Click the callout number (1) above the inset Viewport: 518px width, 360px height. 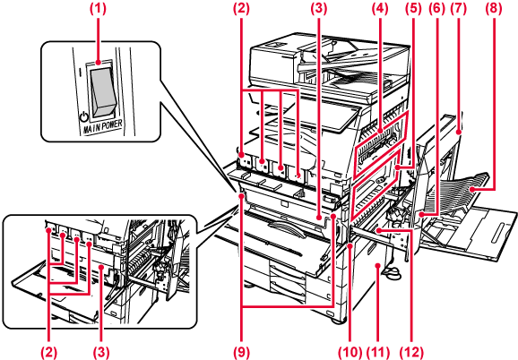[x=99, y=9]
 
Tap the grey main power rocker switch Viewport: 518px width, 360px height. [x=103, y=93]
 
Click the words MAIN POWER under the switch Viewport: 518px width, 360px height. [x=102, y=126]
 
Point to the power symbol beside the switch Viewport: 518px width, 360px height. [x=84, y=117]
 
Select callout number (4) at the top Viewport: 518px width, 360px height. [x=380, y=9]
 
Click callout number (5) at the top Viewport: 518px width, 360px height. [x=413, y=9]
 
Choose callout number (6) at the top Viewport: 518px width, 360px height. [x=436, y=9]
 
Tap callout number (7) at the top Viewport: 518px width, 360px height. [x=459, y=9]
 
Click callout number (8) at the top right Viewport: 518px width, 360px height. [x=494, y=9]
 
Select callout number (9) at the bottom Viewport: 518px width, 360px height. [x=242, y=353]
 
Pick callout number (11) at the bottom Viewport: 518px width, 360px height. [x=379, y=353]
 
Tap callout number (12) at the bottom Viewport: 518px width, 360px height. [x=412, y=353]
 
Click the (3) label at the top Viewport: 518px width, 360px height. [x=318, y=9]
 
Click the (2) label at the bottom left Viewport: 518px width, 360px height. [x=48, y=353]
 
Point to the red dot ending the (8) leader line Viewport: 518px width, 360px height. [x=472, y=189]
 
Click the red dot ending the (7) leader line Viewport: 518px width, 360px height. [x=459, y=133]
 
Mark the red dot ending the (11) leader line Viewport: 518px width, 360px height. [x=378, y=265]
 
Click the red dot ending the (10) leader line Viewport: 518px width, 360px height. [x=350, y=246]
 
